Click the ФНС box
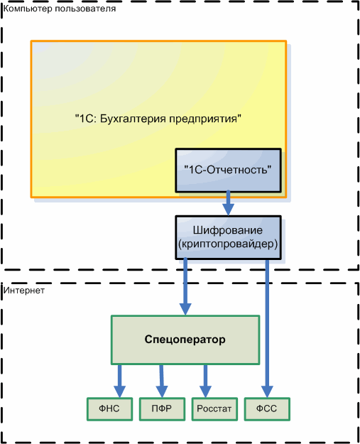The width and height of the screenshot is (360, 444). pos(109,409)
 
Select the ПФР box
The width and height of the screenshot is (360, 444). pos(162,409)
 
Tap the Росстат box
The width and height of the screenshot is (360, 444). pos(214,409)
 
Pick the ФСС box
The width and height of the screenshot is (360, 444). pos(267,409)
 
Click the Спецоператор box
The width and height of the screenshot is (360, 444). pos(185,340)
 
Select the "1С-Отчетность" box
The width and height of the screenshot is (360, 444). pos(228,170)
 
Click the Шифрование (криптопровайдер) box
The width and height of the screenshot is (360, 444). pos(228,237)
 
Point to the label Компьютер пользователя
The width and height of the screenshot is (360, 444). pos(60,9)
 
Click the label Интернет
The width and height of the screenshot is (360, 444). pos(24,291)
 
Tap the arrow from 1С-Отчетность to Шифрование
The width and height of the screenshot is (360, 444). pos(228,203)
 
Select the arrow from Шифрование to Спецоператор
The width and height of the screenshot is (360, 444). pos(185,286)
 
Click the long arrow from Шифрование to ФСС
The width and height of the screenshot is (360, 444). pos(267,328)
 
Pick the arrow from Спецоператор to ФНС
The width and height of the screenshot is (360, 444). pos(120,381)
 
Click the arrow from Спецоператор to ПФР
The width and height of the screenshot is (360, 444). pos(162,381)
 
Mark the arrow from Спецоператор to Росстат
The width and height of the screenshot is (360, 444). pos(205,381)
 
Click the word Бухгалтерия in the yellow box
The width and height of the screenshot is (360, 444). pos(133,119)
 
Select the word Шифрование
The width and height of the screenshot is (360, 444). pos(228,230)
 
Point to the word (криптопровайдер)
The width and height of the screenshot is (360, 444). pos(228,244)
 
